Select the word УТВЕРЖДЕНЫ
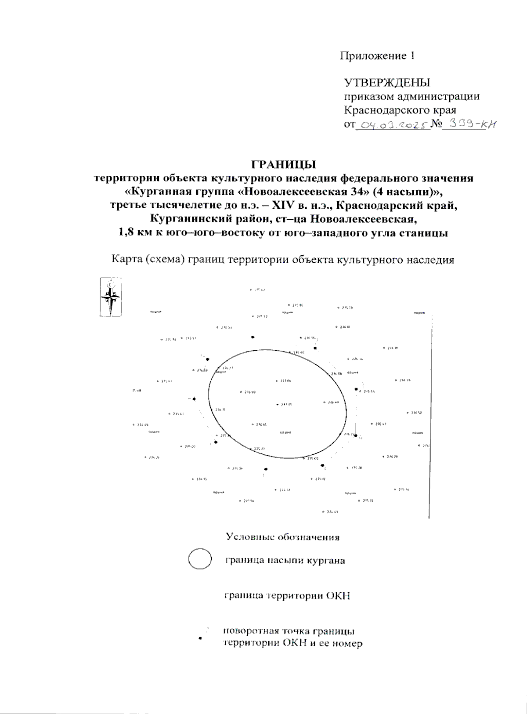(387, 83)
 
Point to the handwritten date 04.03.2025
(392, 125)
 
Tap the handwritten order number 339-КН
(470, 125)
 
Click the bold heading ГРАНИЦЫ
(283, 165)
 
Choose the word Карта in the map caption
(128, 260)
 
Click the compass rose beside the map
(111, 296)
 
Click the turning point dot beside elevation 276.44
(356, 389)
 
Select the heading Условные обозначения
(282, 537)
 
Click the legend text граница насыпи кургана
(285, 561)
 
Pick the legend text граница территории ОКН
(287, 596)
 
